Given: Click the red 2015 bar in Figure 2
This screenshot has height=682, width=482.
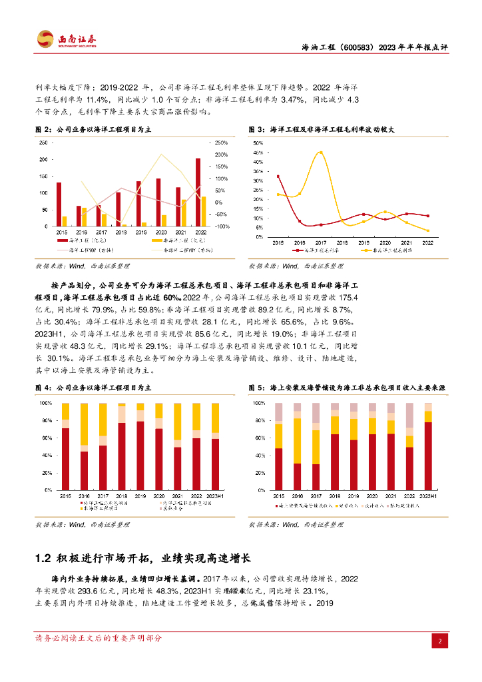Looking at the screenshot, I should [x=59, y=204].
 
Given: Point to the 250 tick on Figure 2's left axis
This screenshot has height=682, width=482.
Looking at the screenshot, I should [x=44, y=143].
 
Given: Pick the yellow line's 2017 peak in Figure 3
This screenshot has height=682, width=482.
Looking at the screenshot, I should [x=320, y=153].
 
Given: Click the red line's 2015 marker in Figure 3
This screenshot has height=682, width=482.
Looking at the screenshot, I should [x=278, y=176].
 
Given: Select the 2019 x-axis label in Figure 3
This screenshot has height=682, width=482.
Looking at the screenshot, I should [x=363, y=243].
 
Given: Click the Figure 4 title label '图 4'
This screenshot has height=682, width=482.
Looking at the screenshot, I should [x=43, y=387].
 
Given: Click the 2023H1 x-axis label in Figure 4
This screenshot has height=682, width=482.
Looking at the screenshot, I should [x=215, y=496].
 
